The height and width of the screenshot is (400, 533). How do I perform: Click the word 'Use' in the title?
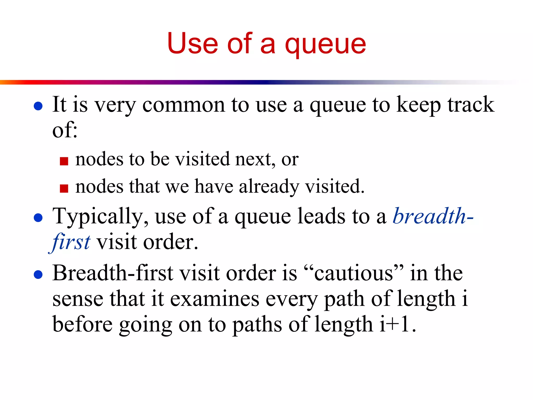pyautogui.click(x=192, y=43)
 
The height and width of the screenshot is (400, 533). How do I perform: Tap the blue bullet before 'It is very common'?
pyautogui.click(x=38, y=106)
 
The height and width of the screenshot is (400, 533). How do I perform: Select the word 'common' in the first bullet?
pyautogui.click(x=183, y=105)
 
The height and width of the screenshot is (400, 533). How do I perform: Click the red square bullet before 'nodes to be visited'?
pyautogui.click(x=64, y=161)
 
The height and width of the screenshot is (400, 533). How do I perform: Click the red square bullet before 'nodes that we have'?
pyautogui.click(x=64, y=188)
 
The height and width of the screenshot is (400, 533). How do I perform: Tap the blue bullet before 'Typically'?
pyautogui.click(x=38, y=218)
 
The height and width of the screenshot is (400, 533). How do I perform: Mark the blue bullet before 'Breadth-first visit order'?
pyautogui.click(x=38, y=274)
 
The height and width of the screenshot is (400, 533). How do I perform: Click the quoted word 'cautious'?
pyautogui.click(x=354, y=273)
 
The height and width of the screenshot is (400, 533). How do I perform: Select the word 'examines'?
pyautogui.click(x=215, y=299)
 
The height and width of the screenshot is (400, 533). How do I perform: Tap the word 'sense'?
pyautogui.click(x=78, y=299)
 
